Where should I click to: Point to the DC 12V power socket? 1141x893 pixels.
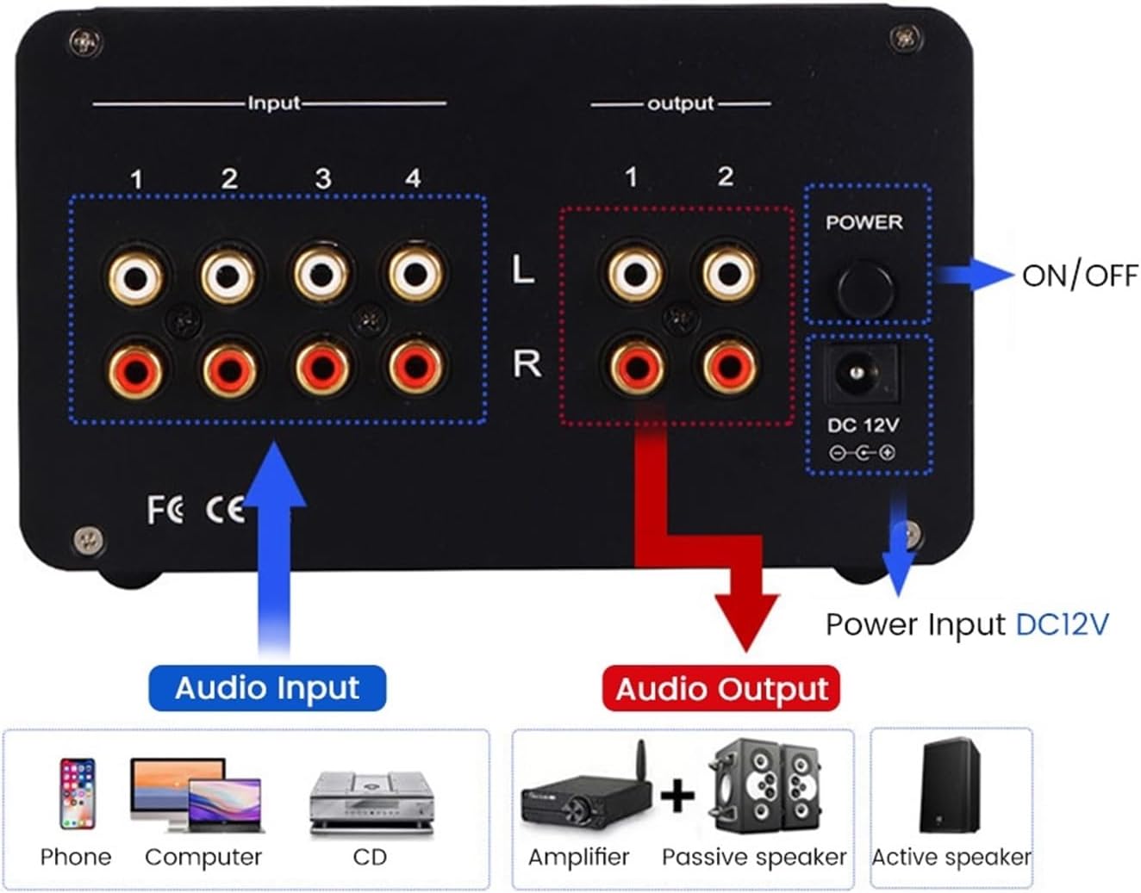(857, 373)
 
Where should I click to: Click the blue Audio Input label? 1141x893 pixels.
(267, 688)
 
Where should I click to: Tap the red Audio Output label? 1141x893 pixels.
(720, 689)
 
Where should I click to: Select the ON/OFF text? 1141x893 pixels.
(1079, 276)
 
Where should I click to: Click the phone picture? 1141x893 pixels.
(77, 792)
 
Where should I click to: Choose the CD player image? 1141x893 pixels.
(371, 802)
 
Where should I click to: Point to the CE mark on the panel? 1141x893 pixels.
(225, 511)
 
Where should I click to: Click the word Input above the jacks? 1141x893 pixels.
(274, 103)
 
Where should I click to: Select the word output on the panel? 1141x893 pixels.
(681, 104)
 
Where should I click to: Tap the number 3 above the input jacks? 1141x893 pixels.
(322, 178)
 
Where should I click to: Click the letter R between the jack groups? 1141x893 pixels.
(527, 364)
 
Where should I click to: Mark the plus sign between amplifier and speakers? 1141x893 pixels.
(677, 794)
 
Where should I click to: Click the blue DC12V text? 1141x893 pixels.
(1062, 623)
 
